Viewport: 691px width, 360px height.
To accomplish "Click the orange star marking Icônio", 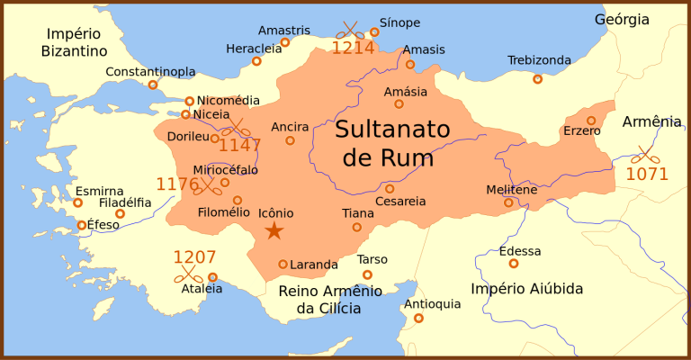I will [274, 231].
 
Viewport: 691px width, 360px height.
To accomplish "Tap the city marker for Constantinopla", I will [153, 85].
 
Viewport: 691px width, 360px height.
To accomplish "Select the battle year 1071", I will [647, 174].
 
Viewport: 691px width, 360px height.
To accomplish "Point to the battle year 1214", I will [353, 48].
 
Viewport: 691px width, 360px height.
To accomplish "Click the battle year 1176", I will [177, 184].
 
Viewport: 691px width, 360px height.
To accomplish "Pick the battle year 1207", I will [195, 256].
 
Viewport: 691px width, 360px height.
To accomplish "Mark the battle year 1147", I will [240, 145].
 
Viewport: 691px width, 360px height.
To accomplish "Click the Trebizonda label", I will [539, 60].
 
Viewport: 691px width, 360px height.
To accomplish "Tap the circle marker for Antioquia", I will [418, 318].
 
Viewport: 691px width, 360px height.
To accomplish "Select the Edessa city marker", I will [514, 264].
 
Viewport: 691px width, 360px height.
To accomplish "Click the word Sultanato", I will [392, 129].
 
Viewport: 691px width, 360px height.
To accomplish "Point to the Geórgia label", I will [622, 19].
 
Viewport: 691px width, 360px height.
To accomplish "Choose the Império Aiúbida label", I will [527, 289].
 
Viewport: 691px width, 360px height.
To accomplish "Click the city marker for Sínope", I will [374, 32].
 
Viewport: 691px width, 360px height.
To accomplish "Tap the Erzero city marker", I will [591, 121].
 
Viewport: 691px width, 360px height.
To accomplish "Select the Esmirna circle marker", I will [77, 202].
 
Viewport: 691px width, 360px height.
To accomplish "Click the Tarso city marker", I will [367, 274].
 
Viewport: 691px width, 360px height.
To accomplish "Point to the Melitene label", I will [511, 190].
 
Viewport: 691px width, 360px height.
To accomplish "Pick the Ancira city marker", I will [290, 140].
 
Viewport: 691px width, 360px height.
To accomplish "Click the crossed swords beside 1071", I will [644, 154].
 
